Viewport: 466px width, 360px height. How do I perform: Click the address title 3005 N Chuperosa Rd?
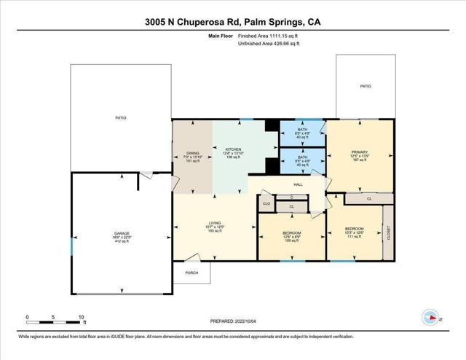coord(233,23)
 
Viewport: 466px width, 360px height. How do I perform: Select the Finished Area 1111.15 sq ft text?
coord(268,35)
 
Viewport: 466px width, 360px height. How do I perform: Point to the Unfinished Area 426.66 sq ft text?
coord(269,44)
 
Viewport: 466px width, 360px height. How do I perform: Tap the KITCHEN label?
coord(233,147)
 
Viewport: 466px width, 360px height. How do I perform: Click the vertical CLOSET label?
coord(388,232)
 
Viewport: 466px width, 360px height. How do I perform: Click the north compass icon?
coord(429,317)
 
